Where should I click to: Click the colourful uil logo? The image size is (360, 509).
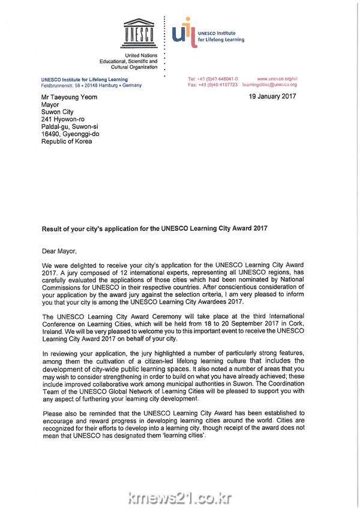tap(182, 32)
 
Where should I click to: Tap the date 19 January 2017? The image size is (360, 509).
tap(272, 96)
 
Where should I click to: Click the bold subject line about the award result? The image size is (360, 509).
tap(154, 228)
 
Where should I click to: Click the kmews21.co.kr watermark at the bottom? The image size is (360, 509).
tap(180, 497)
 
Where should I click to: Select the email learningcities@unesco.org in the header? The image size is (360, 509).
tap(269, 85)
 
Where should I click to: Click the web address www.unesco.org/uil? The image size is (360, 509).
tap(277, 79)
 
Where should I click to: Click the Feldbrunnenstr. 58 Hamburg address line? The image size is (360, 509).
tap(91, 86)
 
